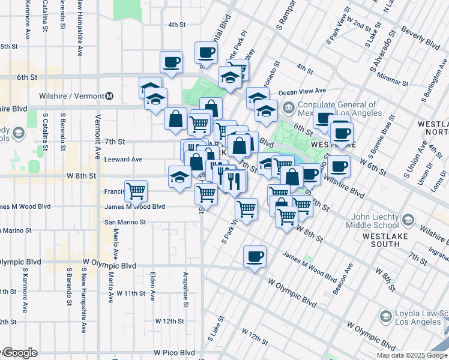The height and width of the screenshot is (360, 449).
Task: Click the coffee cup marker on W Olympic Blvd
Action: [255, 256]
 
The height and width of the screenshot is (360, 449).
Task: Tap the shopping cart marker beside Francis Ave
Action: [136, 191]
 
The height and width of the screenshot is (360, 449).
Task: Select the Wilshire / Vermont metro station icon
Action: [109, 96]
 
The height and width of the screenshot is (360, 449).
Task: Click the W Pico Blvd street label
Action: [174, 353]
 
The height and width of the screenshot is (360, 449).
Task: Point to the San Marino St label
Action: [125, 222]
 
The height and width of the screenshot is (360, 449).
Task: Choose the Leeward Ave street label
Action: [124, 159]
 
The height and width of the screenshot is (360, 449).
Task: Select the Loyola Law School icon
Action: [385, 316]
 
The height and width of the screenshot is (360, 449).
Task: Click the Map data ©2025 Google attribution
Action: [411, 355]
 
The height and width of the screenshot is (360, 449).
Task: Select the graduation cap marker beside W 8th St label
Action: [179, 177]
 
